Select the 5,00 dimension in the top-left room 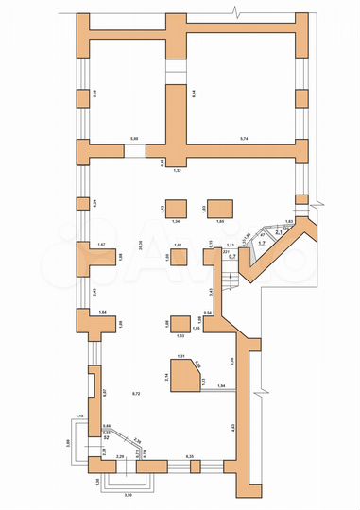click(134, 138)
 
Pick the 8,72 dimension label click(136, 392)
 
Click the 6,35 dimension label click(189, 457)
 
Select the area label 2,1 click(278, 233)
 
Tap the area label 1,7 click(261, 243)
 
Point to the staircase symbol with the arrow click(226, 282)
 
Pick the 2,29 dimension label click(119, 457)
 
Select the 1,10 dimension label click(80, 416)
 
